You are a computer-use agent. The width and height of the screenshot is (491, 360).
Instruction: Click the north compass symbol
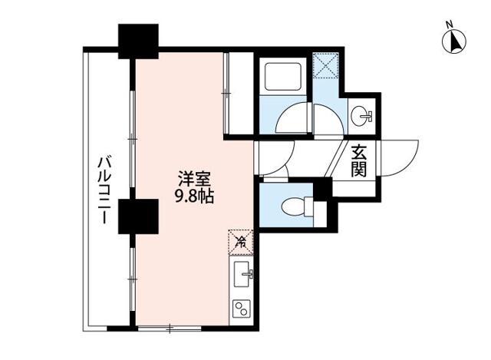coord(453,42)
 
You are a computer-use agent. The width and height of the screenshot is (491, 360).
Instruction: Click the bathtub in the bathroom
coord(284,78)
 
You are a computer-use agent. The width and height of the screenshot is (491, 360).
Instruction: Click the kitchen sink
coord(244,272)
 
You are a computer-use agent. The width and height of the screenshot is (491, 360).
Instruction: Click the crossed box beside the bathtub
coord(328,67)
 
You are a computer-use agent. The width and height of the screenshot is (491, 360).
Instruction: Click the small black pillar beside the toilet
coord(323,188)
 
